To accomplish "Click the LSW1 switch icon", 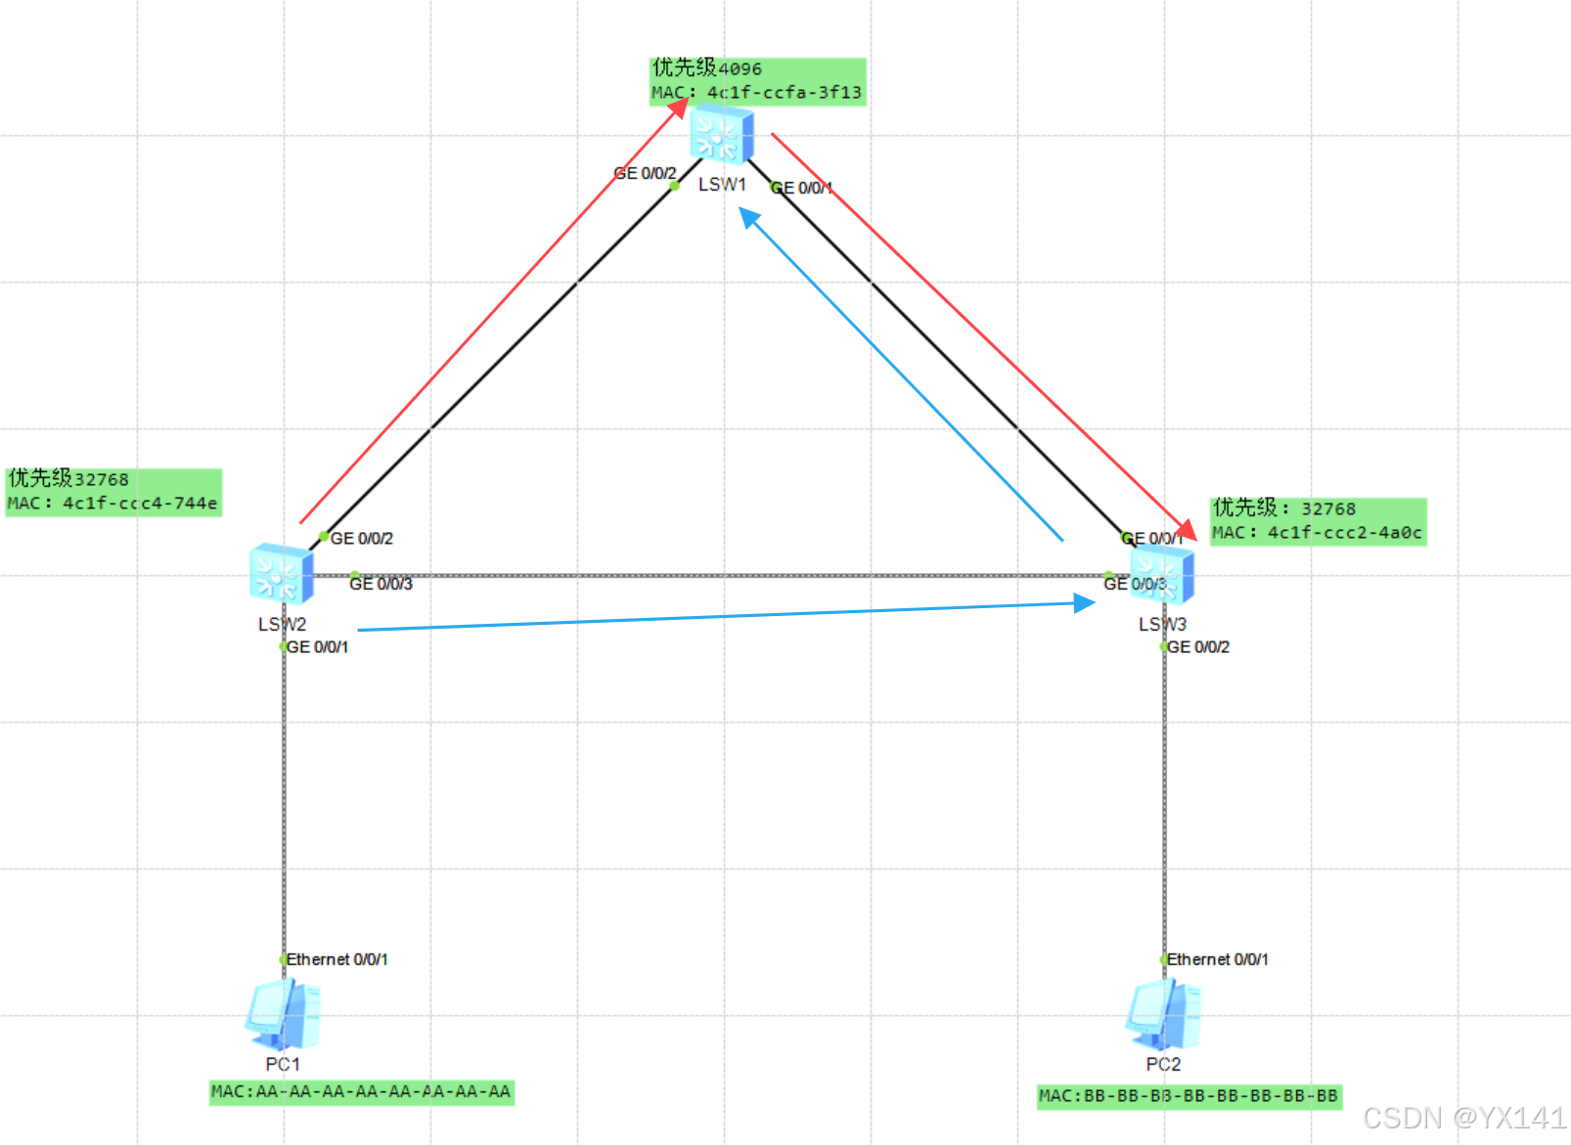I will point(722,134).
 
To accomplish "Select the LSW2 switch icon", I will point(282,574).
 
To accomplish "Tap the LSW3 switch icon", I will point(1163,574).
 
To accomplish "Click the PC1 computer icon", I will point(283,1015).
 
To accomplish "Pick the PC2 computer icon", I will point(1163,1015).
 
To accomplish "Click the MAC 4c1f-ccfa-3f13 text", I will point(757,93).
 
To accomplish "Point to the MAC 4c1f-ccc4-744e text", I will point(112,504).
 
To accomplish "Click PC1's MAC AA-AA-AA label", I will point(361,1091).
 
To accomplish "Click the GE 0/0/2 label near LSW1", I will point(645,173).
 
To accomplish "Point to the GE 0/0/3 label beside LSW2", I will point(381,584).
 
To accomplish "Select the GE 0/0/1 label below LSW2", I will point(317,647).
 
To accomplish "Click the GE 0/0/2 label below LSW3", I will point(1198,647).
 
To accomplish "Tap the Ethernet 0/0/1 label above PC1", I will point(337,959).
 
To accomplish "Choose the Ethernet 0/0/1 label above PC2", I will point(1217,959).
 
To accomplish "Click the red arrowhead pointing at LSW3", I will point(1187,530).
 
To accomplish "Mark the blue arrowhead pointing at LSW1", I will point(748,217).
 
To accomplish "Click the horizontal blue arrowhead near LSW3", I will point(1084,603).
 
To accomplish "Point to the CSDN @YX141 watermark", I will point(1464,1118).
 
